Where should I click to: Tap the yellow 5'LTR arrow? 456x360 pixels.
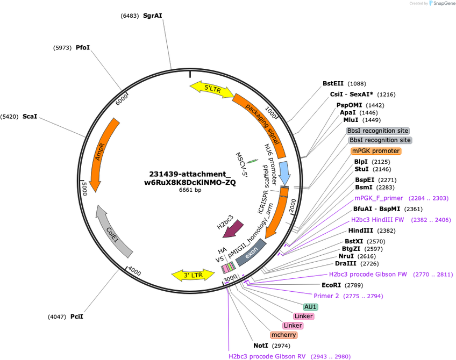[212, 89]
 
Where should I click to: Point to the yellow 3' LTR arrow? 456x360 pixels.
[193, 275]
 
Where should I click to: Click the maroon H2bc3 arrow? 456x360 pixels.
[233, 228]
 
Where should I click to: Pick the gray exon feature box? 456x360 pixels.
[251, 253]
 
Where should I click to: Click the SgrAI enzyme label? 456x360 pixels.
[152, 16]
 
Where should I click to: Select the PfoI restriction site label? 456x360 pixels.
[83, 48]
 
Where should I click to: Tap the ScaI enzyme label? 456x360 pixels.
[30, 117]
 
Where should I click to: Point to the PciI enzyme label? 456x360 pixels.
[77, 316]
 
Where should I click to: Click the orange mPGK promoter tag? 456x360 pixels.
[376, 151]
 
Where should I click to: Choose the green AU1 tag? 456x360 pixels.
[310, 307]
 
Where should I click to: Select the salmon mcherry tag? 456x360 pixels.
[283, 335]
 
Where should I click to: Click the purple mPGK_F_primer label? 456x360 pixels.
[379, 198]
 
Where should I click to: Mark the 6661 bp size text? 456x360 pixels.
[190, 190]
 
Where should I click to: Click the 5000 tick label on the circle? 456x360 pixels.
[84, 189]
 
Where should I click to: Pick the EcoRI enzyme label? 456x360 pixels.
[331, 285]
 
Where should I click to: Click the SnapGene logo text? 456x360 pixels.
[444, 3]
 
